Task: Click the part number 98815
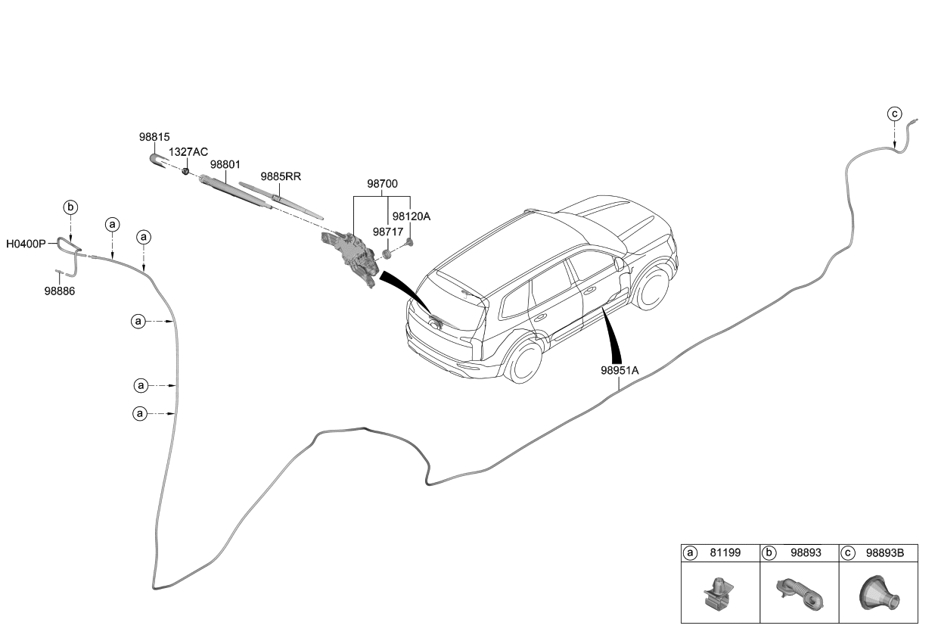[x=154, y=137]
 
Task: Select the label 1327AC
[x=188, y=152]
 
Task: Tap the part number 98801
[x=225, y=164]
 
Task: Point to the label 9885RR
[x=281, y=176]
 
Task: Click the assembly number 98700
[x=383, y=184]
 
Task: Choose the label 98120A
[x=412, y=216]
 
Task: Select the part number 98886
[x=59, y=290]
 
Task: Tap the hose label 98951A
[x=620, y=371]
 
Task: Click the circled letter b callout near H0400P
[x=70, y=207]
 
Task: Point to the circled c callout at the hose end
[x=894, y=114]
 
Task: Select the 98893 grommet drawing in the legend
[x=799, y=593]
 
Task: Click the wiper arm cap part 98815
[x=159, y=160]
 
